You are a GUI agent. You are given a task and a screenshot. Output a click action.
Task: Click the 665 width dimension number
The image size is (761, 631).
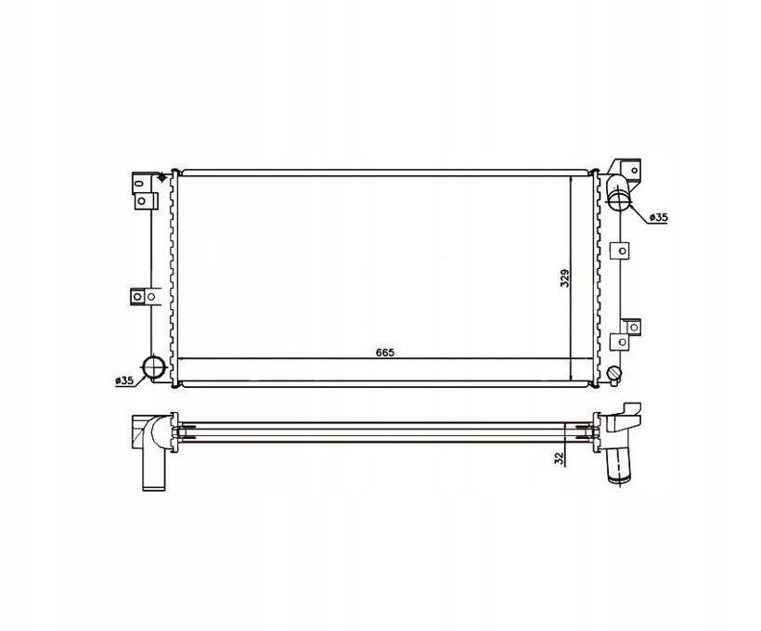click(x=385, y=352)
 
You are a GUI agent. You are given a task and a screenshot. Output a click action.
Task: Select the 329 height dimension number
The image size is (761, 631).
click(x=565, y=277)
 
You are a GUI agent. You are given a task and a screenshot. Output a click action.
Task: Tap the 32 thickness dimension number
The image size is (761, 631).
click(x=560, y=458)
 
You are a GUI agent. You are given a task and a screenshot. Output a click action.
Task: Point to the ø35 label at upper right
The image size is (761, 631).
click(x=659, y=218)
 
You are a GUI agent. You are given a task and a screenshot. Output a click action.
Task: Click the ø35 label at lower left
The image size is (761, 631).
click(x=124, y=380)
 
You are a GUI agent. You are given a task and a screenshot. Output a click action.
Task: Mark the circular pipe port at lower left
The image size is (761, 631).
click(x=153, y=367)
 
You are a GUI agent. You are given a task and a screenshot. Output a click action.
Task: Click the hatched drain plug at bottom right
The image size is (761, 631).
click(x=614, y=374)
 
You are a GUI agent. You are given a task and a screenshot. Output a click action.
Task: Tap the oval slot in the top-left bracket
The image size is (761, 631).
click(x=140, y=184)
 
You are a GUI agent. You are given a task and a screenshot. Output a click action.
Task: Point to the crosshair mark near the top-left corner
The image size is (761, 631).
click(x=161, y=177)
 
